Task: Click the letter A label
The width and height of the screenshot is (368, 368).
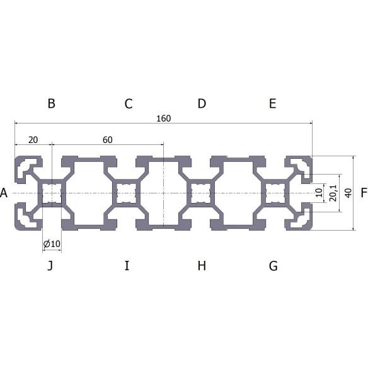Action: [x=4, y=193]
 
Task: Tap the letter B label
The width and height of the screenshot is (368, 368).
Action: [x=52, y=103]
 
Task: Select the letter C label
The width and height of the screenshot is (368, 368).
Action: [x=129, y=103]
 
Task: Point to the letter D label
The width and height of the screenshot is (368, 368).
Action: [x=202, y=103]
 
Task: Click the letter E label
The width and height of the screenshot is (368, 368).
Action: [x=272, y=103]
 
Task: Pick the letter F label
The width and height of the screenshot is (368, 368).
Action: [x=364, y=193]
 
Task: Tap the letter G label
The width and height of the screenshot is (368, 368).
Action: [x=273, y=266]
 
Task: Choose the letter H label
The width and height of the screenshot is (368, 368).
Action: [x=202, y=266]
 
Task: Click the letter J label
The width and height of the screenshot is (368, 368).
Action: [x=50, y=266]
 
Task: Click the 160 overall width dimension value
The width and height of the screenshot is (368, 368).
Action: [x=163, y=118]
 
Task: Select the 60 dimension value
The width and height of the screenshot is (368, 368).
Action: [x=107, y=139]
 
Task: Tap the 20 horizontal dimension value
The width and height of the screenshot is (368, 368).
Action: [x=33, y=139]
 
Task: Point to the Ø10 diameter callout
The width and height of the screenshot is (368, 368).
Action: [x=51, y=244]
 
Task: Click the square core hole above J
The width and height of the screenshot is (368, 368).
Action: [x=52, y=193]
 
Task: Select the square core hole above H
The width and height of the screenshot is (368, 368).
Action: [x=201, y=193]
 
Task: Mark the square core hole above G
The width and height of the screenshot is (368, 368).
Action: [x=275, y=193]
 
